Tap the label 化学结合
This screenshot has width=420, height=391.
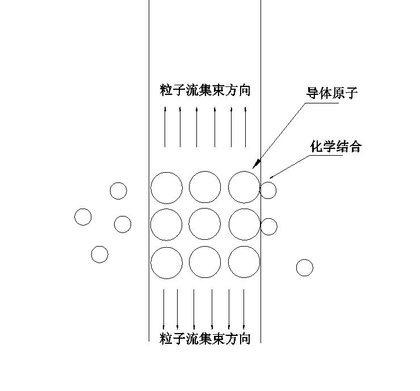pos(335,147)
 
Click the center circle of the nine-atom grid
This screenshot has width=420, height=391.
pos(205,224)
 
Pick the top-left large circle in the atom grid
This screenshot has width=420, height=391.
pos(166,187)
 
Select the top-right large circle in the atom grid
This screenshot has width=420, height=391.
pos(244,187)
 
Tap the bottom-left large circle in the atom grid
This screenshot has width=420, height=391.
pos(166,263)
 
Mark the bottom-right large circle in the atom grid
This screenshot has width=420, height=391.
pos(244,263)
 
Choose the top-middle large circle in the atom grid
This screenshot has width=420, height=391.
pos(205,187)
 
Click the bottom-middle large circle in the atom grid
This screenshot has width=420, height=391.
pos(205,263)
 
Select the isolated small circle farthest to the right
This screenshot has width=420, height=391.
pos(305,267)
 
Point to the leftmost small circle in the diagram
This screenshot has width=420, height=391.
pos(83,217)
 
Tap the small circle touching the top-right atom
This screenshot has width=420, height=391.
pos(268,190)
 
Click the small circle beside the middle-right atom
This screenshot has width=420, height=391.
pos(269,226)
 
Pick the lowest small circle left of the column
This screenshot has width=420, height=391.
pos(99,254)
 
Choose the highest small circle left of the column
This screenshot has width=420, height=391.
pos(118,191)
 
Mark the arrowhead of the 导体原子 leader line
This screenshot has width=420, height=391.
pos(255,166)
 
